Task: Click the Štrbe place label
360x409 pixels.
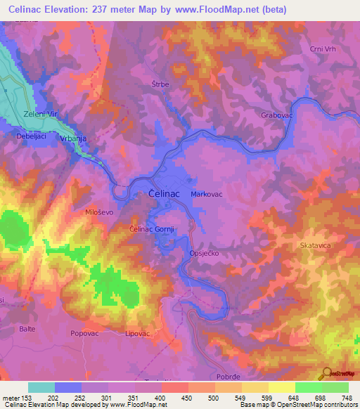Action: click(161, 84)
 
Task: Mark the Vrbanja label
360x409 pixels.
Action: click(73, 139)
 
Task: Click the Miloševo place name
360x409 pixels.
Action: click(99, 212)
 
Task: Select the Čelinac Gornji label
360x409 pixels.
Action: click(153, 229)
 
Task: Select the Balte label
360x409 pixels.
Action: click(27, 328)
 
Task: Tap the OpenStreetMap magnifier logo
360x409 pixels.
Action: click(327, 374)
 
